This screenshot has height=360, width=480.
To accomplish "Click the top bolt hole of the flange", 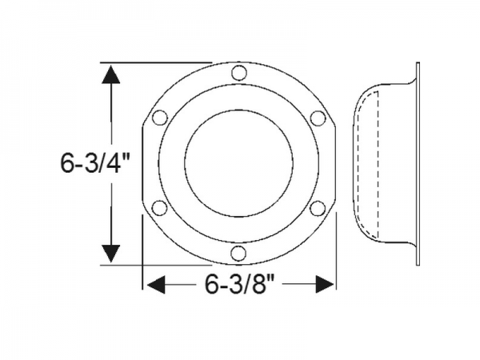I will tap(238, 74).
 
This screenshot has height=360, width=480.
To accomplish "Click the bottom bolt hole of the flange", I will tap(238, 253).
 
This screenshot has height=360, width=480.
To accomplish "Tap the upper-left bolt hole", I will tap(159, 118).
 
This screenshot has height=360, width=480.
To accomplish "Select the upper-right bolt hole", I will tap(317, 118).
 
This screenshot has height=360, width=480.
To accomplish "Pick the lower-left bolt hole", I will tap(159, 208).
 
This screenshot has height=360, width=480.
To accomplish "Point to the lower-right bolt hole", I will tap(317, 208).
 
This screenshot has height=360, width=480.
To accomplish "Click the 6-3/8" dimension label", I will tap(238, 284).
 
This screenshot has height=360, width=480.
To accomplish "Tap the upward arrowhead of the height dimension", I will tap(111, 76).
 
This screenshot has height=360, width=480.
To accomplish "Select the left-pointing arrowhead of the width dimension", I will tap(154, 284).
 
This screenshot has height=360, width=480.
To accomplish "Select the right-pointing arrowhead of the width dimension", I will tap(324, 284).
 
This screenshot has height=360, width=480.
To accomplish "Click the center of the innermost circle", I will tap(238, 163).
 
